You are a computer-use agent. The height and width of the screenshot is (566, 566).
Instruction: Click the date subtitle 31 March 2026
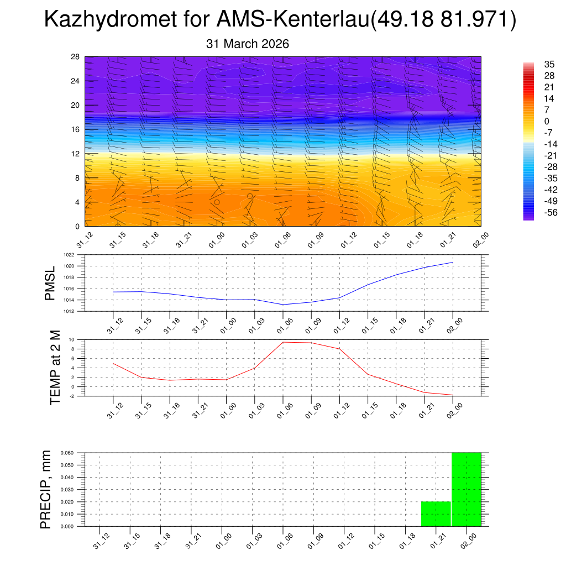point(247,44)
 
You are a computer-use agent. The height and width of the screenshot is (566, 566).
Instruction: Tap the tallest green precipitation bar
point(467,489)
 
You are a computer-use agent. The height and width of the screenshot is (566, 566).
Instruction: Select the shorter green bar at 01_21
point(436,514)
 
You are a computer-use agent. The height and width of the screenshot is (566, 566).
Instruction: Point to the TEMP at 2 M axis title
point(55,365)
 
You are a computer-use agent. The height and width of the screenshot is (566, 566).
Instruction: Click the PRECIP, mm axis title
point(46,489)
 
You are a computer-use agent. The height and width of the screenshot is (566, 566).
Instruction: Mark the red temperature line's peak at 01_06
point(283,342)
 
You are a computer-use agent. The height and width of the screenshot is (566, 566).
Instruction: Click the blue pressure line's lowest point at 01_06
point(283,305)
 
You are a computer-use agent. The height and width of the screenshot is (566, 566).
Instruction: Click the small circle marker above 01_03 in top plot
point(250,196)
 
